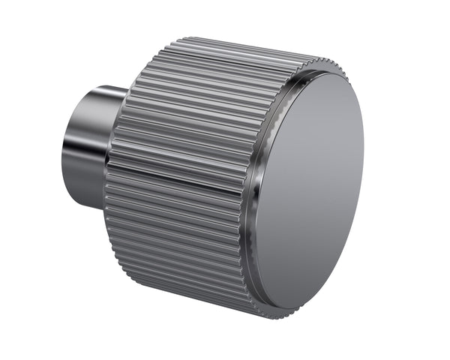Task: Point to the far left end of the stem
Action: point(63,150)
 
